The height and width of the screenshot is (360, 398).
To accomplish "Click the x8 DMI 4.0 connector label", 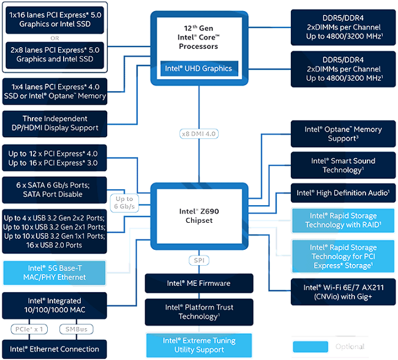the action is coord(199,134).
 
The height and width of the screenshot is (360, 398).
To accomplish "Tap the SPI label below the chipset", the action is coord(199,260).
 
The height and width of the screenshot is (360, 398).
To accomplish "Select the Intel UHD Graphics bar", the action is coord(199,69).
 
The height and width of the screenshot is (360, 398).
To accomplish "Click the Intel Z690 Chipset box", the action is coord(199,216).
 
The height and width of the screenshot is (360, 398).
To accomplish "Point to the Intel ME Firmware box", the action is coord(199,283).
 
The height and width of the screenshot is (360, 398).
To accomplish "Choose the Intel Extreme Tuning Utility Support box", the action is coord(199,345).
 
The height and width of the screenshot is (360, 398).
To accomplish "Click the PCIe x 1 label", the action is coord(29,329).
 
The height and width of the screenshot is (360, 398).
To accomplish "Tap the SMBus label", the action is coord(77,329).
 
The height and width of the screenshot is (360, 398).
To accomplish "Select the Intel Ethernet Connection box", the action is coord(54,349).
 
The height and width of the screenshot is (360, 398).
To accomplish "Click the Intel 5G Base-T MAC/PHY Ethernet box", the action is coord(54,272).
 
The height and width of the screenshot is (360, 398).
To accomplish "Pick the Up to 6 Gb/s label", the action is coord(124,203).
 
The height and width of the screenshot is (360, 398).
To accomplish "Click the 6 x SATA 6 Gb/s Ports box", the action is coord(54,190).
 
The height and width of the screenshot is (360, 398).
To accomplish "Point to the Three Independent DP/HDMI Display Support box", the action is coord(54,124).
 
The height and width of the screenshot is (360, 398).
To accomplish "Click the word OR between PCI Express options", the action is coord(54,38).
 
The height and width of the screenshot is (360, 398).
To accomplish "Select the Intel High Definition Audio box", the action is coord(343,193).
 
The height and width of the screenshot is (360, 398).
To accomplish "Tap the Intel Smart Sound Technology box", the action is coord(343,165).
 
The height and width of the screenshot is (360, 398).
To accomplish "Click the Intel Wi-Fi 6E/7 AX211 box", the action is coord(343,292).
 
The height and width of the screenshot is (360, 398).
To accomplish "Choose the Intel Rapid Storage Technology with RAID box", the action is coord(343,220).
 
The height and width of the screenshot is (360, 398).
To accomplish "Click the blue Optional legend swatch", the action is coord(310,347).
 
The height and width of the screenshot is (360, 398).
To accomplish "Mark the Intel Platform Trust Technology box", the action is coord(199,312).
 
